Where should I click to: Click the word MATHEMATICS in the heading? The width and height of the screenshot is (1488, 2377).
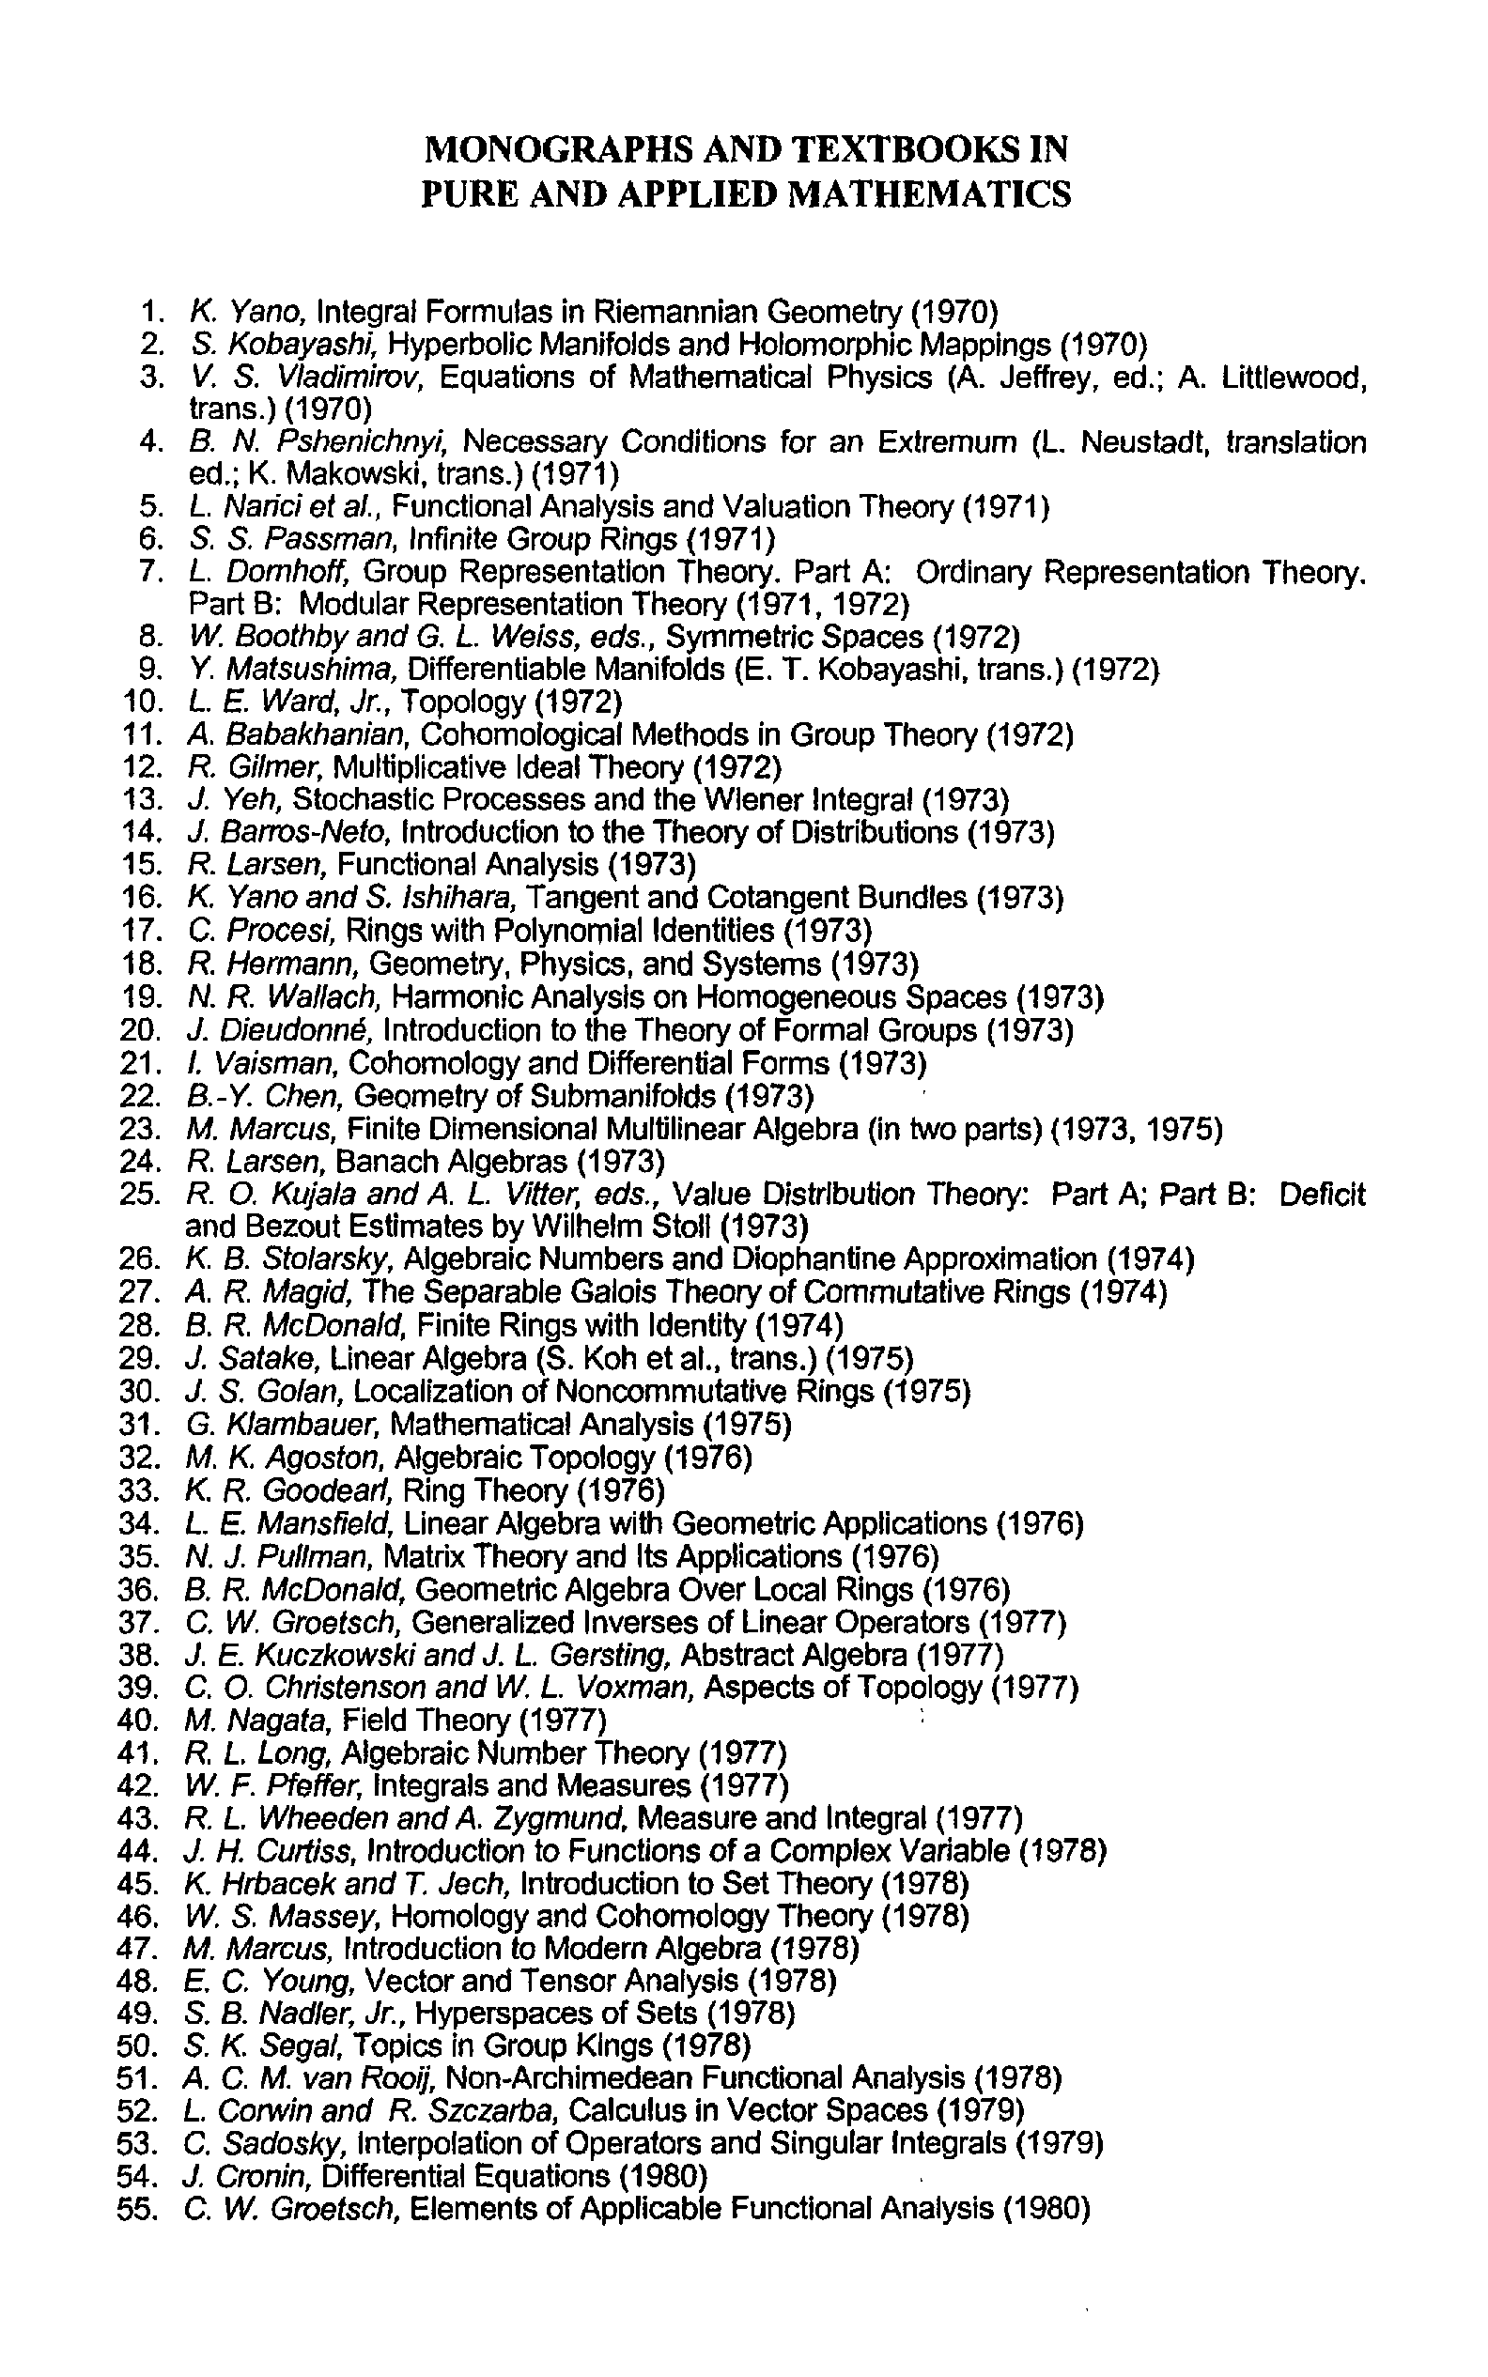931,193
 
